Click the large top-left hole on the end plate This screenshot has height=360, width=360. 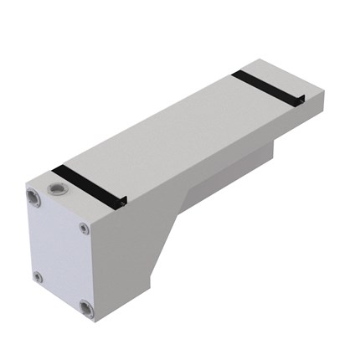click(x=32, y=198)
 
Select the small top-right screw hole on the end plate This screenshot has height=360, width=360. click(x=84, y=229)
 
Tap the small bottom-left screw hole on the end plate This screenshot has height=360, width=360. click(x=37, y=275)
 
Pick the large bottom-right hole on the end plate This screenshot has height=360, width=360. click(x=87, y=309)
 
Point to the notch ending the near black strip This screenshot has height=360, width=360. click(x=124, y=201)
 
